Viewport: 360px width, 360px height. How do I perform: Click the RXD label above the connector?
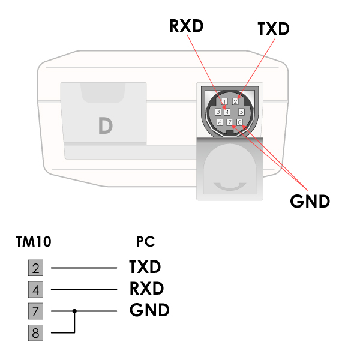[187, 26]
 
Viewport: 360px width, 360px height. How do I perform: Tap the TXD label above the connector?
[273, 28]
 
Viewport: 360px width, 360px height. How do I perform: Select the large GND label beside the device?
[310, 201]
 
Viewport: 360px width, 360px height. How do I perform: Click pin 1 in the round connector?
[224, 101]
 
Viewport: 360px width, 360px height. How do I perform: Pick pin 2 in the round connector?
[235, 101]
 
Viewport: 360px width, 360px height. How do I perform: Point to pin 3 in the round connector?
[218, 112]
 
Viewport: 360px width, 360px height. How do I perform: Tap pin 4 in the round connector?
[227, 112]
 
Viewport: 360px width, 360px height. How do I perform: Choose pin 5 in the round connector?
[241, 112]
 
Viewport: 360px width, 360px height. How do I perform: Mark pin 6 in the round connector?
[220, 122]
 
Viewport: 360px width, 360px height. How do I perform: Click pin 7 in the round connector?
[230, 122]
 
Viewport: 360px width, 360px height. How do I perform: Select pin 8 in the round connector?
[239, 122]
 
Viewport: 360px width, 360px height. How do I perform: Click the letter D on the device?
[105, 125]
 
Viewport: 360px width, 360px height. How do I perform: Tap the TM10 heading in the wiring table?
[34, 242]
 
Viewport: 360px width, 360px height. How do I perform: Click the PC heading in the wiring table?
[146, 242]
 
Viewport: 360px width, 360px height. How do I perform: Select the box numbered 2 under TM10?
[36, 268]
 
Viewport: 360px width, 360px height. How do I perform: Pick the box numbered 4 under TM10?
[36, 289]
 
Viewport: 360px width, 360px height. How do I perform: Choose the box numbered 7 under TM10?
[36, 311]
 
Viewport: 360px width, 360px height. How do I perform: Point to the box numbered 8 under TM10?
[36, 332]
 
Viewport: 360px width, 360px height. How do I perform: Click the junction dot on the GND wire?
[74, 311]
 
